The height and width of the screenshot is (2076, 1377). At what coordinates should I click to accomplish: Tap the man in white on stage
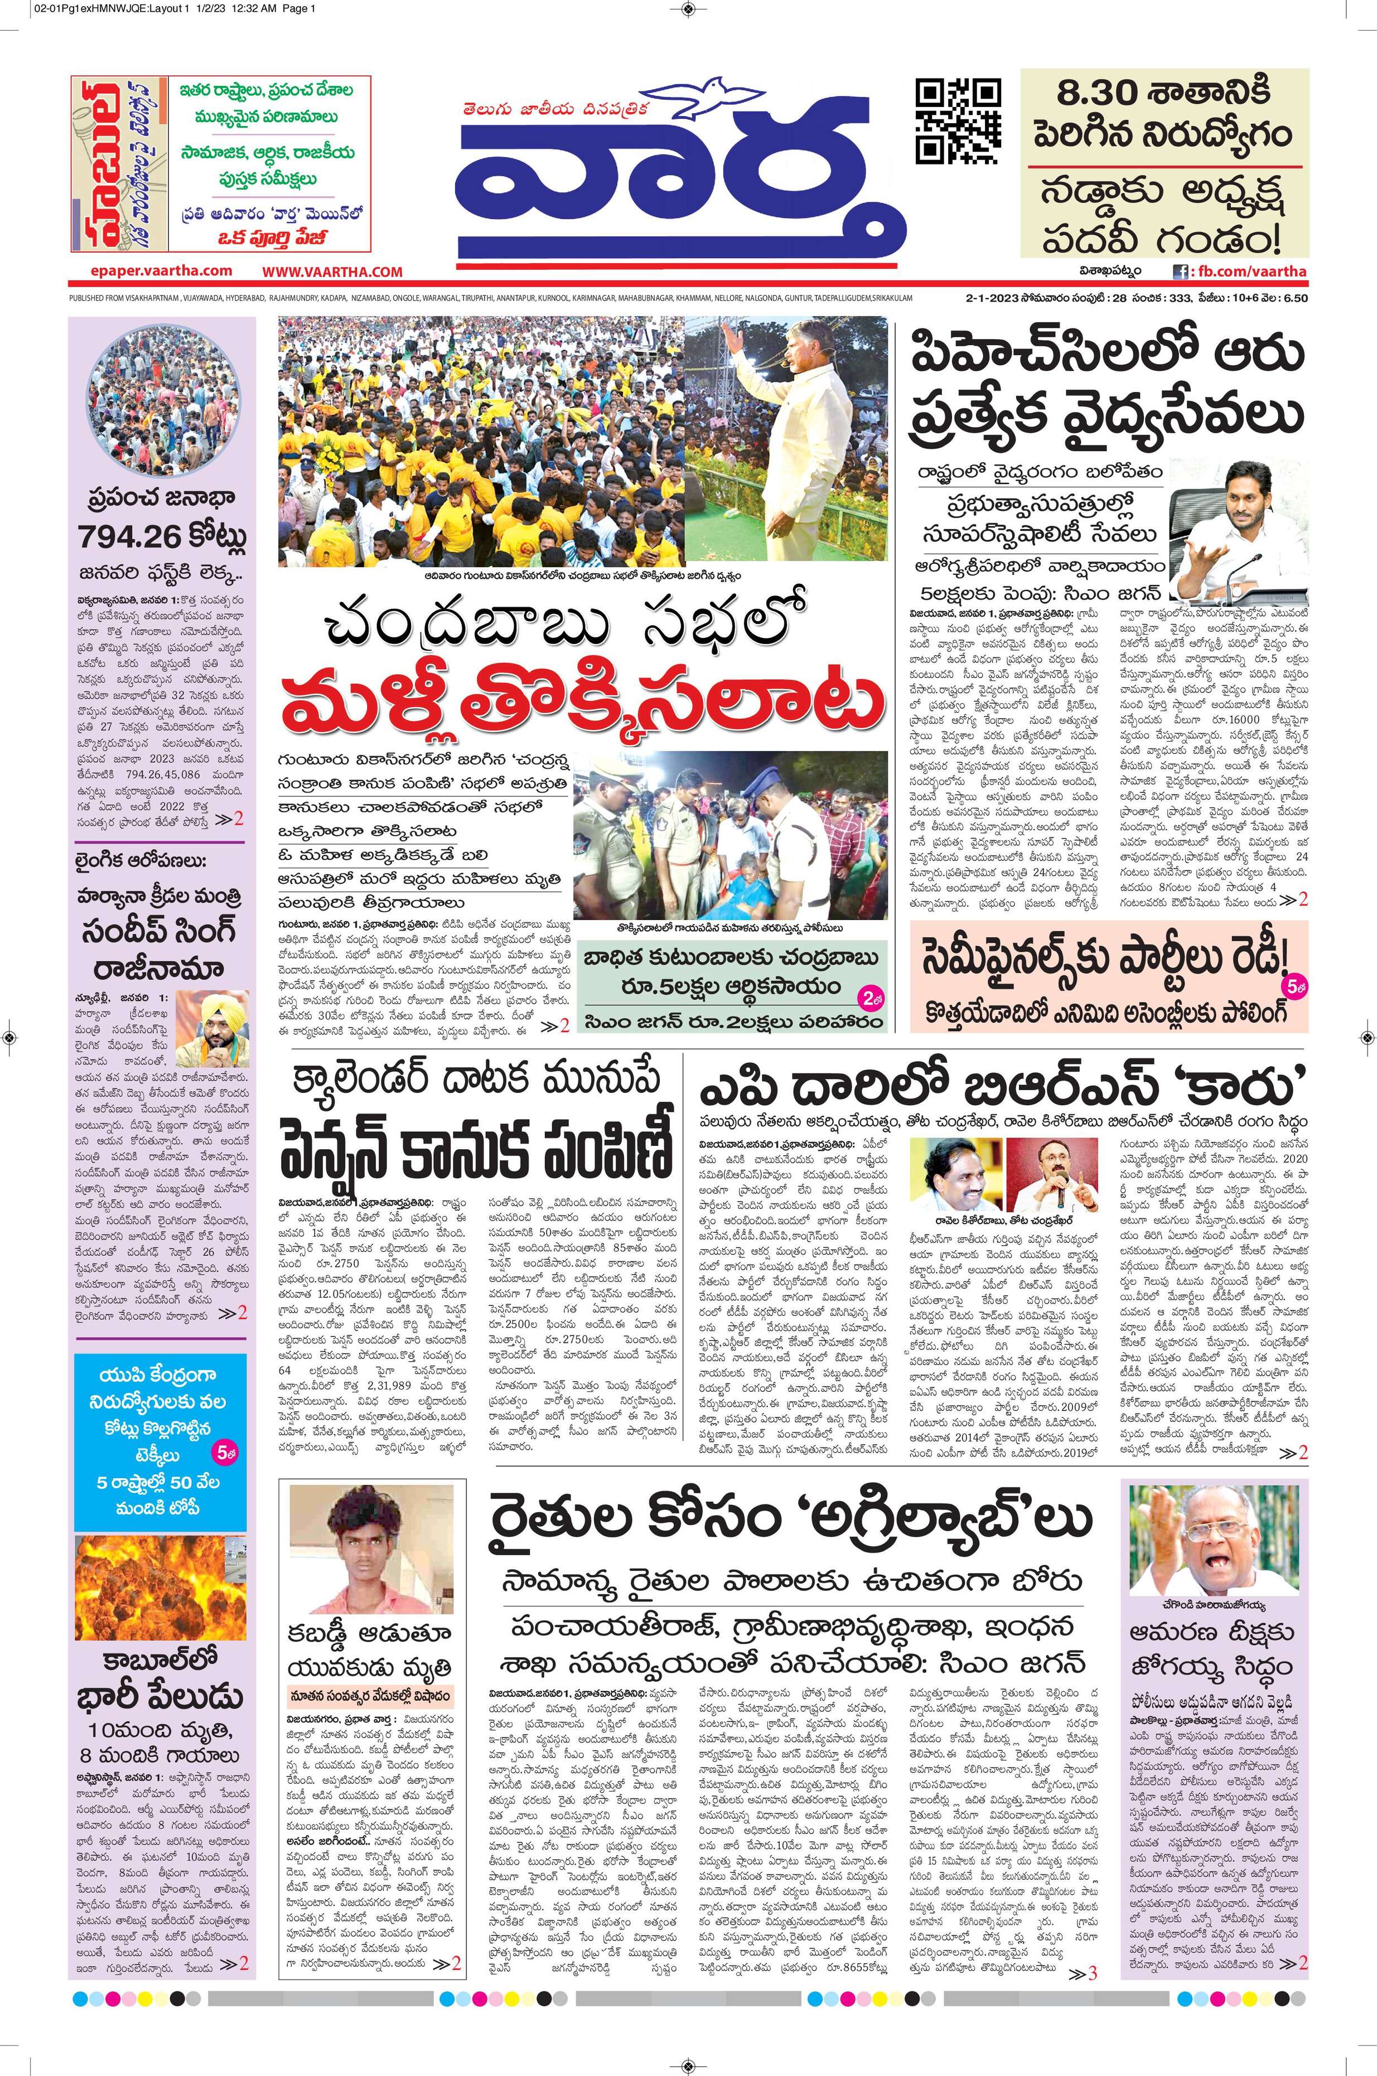[781, 439]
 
